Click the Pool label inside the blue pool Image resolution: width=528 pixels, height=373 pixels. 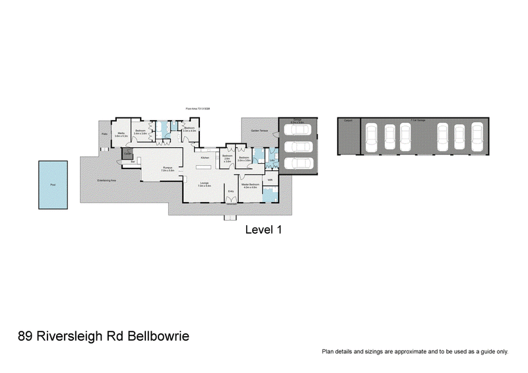tap(53, 185)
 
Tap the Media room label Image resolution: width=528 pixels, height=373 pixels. tap(121, 134)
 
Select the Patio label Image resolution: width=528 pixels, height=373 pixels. tap(104, 134)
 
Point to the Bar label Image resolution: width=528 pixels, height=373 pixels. tap(133, 161)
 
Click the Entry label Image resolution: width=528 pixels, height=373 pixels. tap(231, 191)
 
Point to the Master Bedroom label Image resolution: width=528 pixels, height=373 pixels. tap(251, 186)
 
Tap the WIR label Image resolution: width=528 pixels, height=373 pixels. tap(270, 180)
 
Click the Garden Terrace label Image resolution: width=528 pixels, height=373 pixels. tap(259, 131)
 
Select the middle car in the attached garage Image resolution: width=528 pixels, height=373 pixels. tap(300, 147)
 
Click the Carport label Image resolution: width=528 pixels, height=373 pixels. tap(348, 121)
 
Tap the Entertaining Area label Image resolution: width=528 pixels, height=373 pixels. tap(106, 180)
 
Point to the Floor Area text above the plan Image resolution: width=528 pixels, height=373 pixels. tap(198, 109)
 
